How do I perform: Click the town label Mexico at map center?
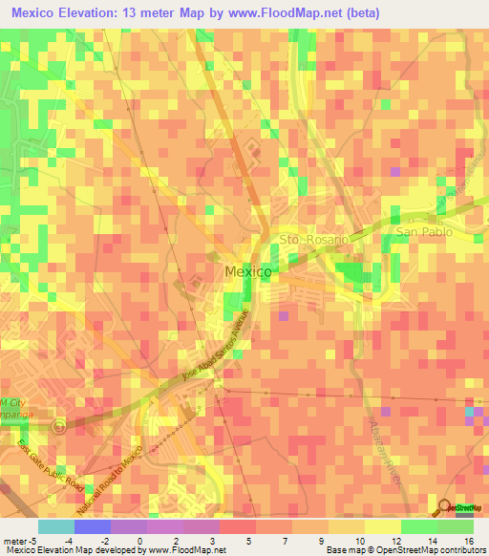[247, 272]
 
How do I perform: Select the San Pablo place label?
[421, 232]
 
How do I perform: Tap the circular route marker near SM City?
[60, 426]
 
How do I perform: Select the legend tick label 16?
[468, 540]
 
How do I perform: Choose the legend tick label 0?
[139, 540]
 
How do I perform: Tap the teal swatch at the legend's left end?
[55, 526]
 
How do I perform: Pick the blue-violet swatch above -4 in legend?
[92, 526]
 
